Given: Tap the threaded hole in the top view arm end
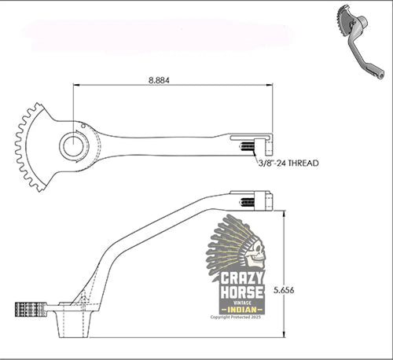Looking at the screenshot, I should pyautogui.click(x=246, y=147).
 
